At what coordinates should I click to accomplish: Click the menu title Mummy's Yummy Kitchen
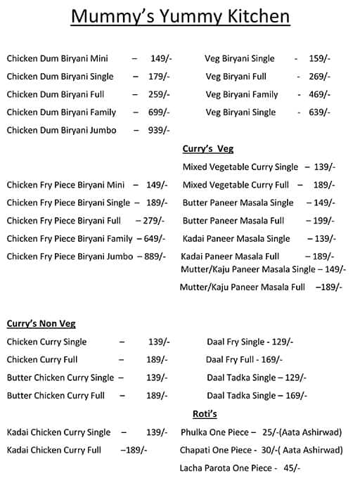[x=181, y=17]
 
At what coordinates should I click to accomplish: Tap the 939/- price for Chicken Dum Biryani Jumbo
[x=159, y=130]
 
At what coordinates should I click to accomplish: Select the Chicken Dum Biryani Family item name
[x=62, y=112]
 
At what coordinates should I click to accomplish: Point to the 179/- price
[x=159, y=77]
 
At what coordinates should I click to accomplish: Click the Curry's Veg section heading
[x=208, y=149]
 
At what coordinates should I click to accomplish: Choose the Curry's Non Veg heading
[x=41, y=324]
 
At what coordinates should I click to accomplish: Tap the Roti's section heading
[x=205, y=413]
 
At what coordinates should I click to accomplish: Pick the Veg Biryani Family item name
[x=242, y=94]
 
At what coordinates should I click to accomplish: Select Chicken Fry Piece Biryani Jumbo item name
[x=70, y=257]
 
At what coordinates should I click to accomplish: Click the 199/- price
[x=325, y=221]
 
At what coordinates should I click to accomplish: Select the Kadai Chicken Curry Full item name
[x=54, y=450]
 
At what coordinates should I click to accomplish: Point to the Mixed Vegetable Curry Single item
[x=240, y=167]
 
